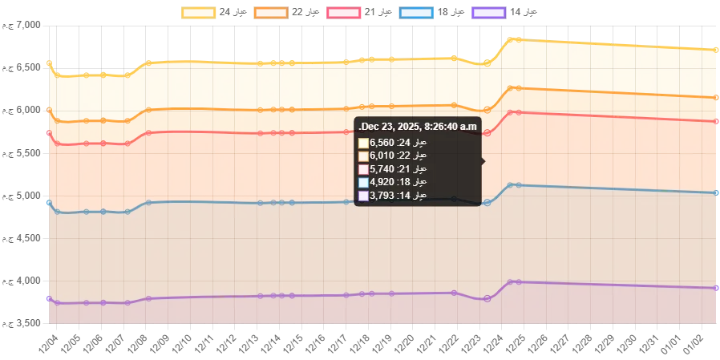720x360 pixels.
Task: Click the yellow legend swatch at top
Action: (x=199, y=13)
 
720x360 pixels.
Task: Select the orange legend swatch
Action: (x=270, y=13)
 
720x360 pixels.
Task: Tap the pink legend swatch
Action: (x=346, y=13)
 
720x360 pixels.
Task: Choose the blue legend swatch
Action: (x=416, y=13)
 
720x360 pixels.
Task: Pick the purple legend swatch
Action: (x=488, y=13)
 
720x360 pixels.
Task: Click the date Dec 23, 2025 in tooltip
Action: (x=388, y=127)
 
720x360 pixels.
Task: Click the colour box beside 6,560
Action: (x=363, y=144)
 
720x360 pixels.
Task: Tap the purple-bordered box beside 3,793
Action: (x=363, y=195)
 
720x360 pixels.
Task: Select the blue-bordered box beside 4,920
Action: (x=363, y=182)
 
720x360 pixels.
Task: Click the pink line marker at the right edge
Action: (x=716, y=122)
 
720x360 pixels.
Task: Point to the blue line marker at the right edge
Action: (x=716, y=192)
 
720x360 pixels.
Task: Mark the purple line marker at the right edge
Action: (x=716, y=288)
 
